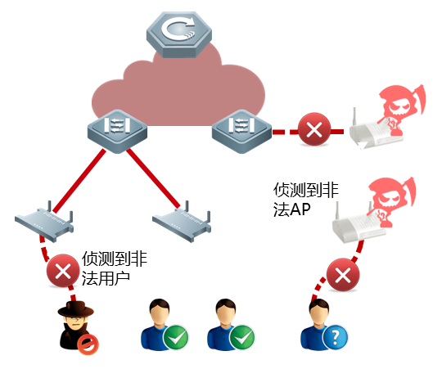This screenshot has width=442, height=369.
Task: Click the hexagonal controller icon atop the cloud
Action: coord(179,34)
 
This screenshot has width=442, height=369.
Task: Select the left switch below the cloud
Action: coord(117,131)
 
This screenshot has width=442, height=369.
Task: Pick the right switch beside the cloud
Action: coord(241,131)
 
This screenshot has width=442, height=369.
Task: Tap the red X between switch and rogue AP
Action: coord(314,129)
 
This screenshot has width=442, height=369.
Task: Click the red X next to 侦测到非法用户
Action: coord(63,271)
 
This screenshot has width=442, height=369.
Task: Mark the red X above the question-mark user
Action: coord(343,275)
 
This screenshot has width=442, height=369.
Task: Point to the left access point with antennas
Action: coord(44,222)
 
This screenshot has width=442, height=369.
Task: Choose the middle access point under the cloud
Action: coord(182,222)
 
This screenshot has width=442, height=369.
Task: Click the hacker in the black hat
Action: coord(76,325)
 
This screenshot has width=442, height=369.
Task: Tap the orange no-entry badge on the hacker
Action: coord(88,344)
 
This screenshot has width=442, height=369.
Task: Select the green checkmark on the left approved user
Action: coord(176,337)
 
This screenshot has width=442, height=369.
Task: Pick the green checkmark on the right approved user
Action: coord(241,337)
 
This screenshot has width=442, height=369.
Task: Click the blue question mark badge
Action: coord(335,337)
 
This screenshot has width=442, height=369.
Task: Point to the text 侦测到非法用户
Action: coord(114,268)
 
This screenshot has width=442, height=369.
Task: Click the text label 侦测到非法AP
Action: coord(305,200)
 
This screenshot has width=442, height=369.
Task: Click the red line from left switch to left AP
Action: coord(79,181)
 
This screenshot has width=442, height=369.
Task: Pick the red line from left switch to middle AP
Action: coord(153,178)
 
